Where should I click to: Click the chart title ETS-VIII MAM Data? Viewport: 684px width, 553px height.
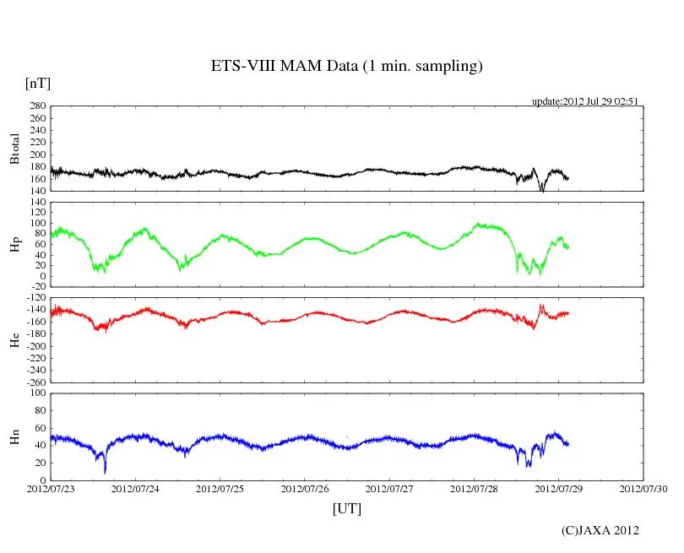[x=346, y=67]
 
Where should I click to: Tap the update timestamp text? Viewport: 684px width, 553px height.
[x=584, y=101]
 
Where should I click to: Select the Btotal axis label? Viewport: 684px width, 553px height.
[x=14, y=149]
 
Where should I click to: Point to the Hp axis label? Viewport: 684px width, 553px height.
[x=14, y=244]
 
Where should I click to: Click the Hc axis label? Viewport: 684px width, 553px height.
[x=14, y=339]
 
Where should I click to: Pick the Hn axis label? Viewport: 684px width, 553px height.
[x=14, y=436]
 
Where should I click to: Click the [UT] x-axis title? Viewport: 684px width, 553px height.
[x=346, y=508]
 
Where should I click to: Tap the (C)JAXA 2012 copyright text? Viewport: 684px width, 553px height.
[x=600, y=530]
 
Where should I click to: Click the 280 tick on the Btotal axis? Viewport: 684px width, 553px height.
[x=38, y=106]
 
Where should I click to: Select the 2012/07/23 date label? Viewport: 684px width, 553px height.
[x=51, y=489]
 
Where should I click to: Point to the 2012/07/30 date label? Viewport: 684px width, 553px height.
[x=643, y=489]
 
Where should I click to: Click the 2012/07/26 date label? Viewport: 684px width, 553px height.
[x=305, y=489]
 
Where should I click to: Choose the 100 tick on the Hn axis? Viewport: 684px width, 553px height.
[x=38, y=393]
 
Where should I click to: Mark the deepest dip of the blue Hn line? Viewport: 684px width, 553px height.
[x=105, y=471]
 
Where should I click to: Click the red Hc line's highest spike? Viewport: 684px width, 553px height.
[x=541, y=305]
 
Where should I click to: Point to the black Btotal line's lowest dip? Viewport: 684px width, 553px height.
[x=542, y=191]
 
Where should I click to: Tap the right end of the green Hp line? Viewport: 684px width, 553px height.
[x=568, y=246]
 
